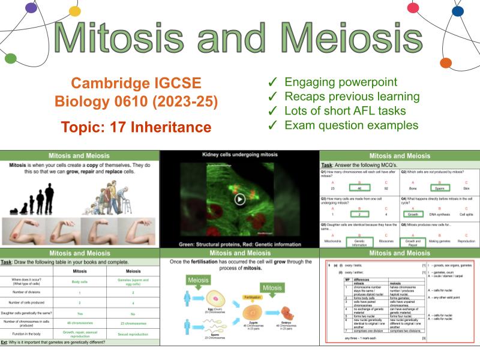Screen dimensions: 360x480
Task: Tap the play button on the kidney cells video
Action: tap(239, 199)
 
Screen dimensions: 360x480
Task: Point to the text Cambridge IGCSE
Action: tap(137, 83)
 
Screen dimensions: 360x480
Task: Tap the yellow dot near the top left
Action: tap(75, 11)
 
